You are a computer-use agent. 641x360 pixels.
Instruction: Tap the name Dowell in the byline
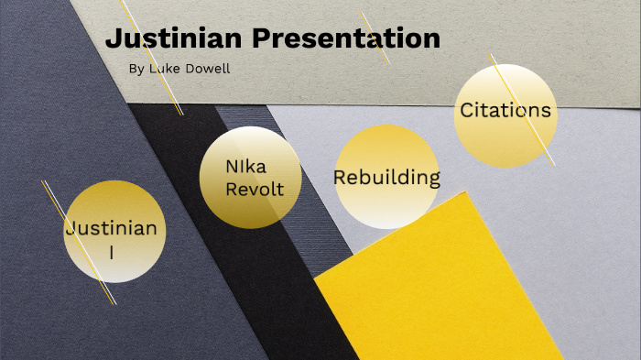pos(211,69)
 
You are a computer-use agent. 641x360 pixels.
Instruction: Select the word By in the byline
pos(136,69)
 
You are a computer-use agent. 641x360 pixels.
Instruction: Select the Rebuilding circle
pos(386,177)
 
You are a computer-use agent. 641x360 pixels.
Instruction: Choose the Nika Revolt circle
pos(250,178)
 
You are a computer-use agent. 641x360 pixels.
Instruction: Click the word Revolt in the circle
pos(250,190)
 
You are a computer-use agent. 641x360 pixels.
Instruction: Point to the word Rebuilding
pos(386,177)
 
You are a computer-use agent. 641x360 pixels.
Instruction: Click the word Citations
pos(505,111)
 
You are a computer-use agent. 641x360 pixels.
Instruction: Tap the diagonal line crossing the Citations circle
pos(540,137)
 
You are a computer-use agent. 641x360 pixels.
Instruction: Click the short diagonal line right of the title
pos(375,37)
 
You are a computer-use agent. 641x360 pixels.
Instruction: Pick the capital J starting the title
pos(114,39)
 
